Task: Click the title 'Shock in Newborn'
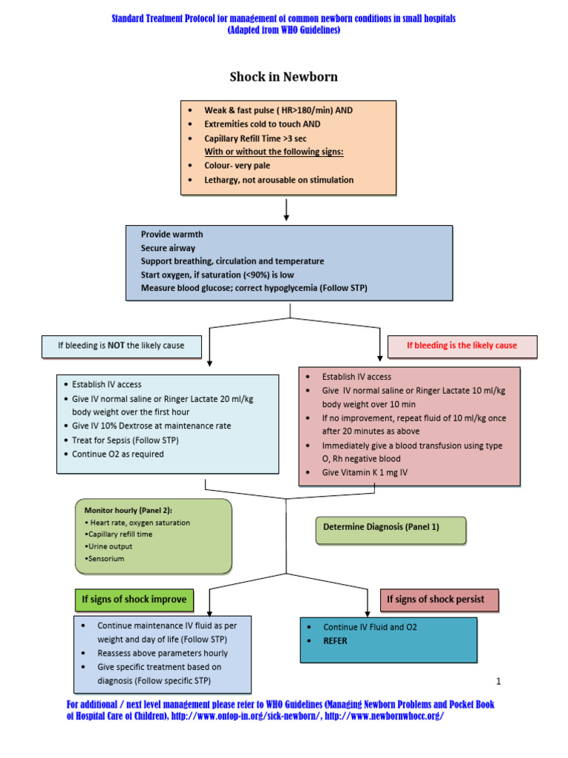click(x=283, y=76)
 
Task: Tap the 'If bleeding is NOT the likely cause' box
click(x=121, y=345)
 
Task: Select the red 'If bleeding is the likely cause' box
click(x=462, y=346)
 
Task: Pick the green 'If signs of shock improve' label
click(x=134, y=599)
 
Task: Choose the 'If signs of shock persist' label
click(x=439, y=599)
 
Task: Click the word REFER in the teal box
click(x=335, y=641)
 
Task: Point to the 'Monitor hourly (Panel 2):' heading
click(x=125, y=511)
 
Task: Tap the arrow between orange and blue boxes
click(x=286, y=209)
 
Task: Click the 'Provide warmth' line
click(x=172, y=235)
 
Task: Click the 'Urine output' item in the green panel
click(x=110, y=546)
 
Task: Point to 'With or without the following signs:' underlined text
click(x=274, y=152)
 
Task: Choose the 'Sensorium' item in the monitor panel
click(x=106, y=558)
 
